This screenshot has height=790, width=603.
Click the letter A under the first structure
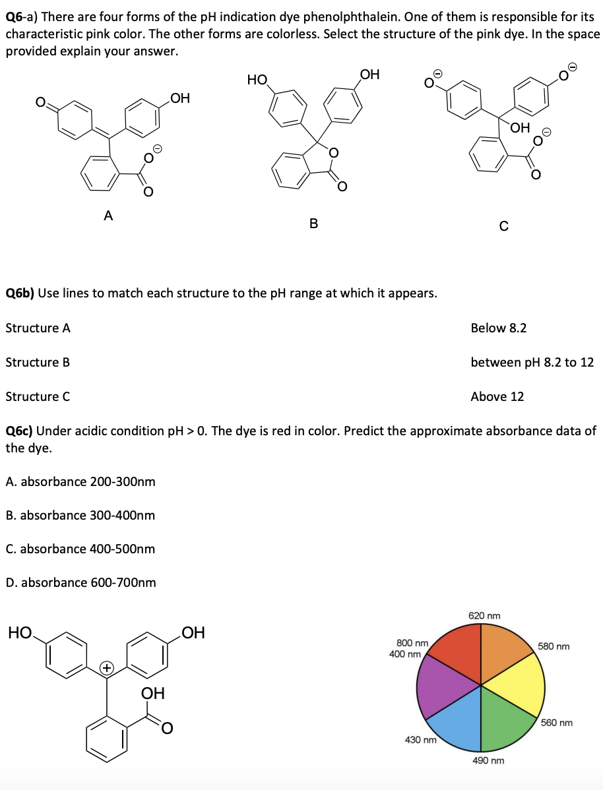point(108,214)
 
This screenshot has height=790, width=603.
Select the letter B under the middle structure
point(313,224)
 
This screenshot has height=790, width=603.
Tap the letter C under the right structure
point(503,226)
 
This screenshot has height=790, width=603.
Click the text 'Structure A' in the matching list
point(38,328)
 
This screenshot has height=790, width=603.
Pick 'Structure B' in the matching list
point(38,362)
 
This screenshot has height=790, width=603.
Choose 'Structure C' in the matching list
point(38,396)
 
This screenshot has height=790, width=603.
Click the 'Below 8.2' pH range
point(498,328)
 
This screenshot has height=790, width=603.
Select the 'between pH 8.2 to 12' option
point(532,362)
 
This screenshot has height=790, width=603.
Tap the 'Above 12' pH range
point(497,396)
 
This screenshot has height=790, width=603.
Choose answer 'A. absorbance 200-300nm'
point(80,481)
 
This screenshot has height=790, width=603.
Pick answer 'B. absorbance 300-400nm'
point(80,515)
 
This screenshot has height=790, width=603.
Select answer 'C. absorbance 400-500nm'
point(80,549)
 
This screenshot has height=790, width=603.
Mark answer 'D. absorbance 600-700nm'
point(80,582)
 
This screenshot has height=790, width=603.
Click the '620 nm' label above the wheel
point(484,615)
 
